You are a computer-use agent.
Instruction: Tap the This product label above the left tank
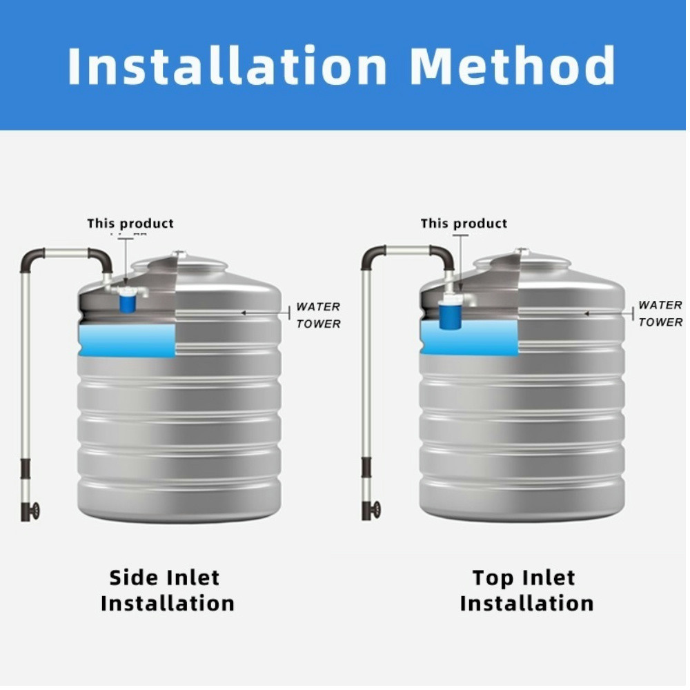[x=130, y=224]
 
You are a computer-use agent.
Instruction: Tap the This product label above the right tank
[x=464, y=224]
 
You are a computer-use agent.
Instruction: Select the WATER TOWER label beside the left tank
[x=318, y=315]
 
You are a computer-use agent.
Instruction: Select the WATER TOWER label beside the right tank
[x=660, y=314]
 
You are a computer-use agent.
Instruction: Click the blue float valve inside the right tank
[x=452, y=314]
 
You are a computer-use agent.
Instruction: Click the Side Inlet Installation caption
[x=167, y=590]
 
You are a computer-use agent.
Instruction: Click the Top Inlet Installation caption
[x=526, y=590]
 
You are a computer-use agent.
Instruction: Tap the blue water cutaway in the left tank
[x=128, y=341]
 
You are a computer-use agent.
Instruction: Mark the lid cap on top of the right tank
[x=522, y=253]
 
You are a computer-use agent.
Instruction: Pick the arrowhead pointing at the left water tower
[x=244, y=313]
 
